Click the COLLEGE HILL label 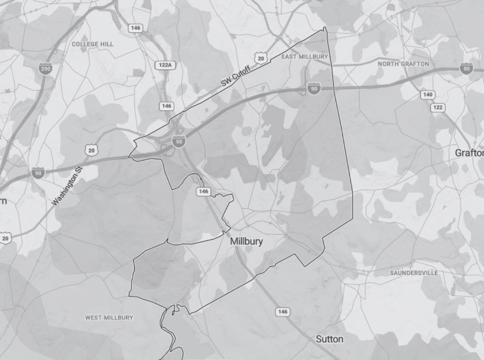tap(92, 44)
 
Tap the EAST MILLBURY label tap(304, 57)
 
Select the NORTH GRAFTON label tap(403, 64)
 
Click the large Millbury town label tap(247, 242)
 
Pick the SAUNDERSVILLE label tap(414, 273)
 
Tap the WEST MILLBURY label tap(109, 318)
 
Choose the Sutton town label tap(329, 339)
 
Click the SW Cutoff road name tap(236, 76)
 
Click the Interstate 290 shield tap(45, 69)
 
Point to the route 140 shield tap(428, 95)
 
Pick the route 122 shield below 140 tap(438, 108)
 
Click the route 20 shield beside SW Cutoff tap(261, 58)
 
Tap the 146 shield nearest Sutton tap(282, 312)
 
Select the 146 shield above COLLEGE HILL tap(136, 28)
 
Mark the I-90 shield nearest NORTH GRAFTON tap(466, 68)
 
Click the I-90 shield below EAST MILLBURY tap(314, 89)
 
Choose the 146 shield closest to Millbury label tap(203, 192)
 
